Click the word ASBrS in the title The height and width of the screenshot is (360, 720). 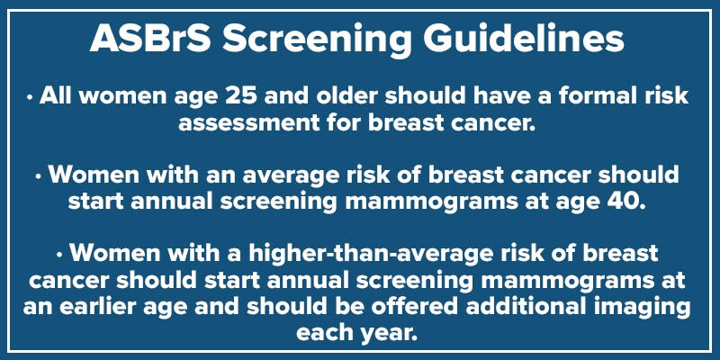pyautogui.click(x=150, y=39)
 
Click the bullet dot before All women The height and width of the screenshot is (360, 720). pyautogui.click(x=30, y=97)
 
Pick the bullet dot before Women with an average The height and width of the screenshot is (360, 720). pyautogui.click(x=39, y=175)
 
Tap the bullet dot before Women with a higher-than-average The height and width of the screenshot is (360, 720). pyautogui.click(x=60, y=255)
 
